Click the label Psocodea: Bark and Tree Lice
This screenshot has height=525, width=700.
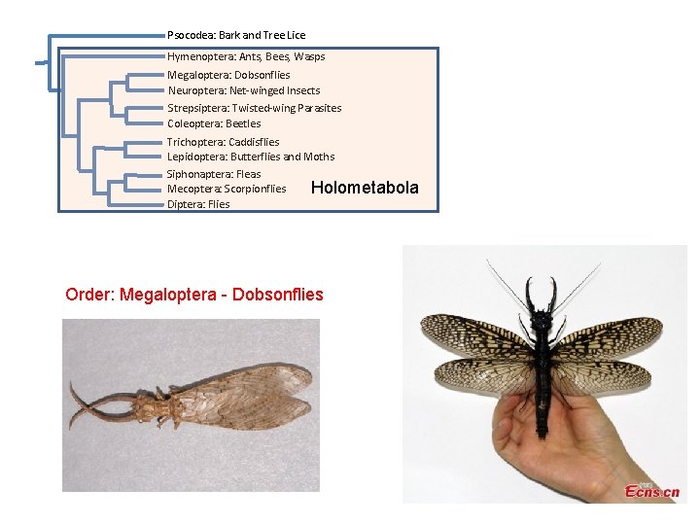[x=236, y=35]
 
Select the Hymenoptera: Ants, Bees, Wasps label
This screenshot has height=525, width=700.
[x=246, y=56]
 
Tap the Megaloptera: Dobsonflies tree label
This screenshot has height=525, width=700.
[x=228, y=75]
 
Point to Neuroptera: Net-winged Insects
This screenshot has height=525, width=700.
[x=243, y=90]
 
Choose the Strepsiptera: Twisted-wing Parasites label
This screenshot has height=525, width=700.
[x=254, y=108]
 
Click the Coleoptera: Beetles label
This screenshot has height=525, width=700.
[x=214, y=123]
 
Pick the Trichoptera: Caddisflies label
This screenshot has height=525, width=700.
[x=223, y=142]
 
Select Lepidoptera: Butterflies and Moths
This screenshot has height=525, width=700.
[x=251, y=157]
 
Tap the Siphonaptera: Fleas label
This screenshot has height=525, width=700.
[x=214, y=174]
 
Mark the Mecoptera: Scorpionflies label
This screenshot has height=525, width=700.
[x=227, y=189]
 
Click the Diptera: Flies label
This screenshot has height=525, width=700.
[x=198, y=204]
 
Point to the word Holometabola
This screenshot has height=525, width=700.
[x=365, y=188]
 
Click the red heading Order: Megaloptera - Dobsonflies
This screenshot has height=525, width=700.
[x=194, y=294]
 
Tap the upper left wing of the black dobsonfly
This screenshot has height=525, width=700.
[x=476, y=338]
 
